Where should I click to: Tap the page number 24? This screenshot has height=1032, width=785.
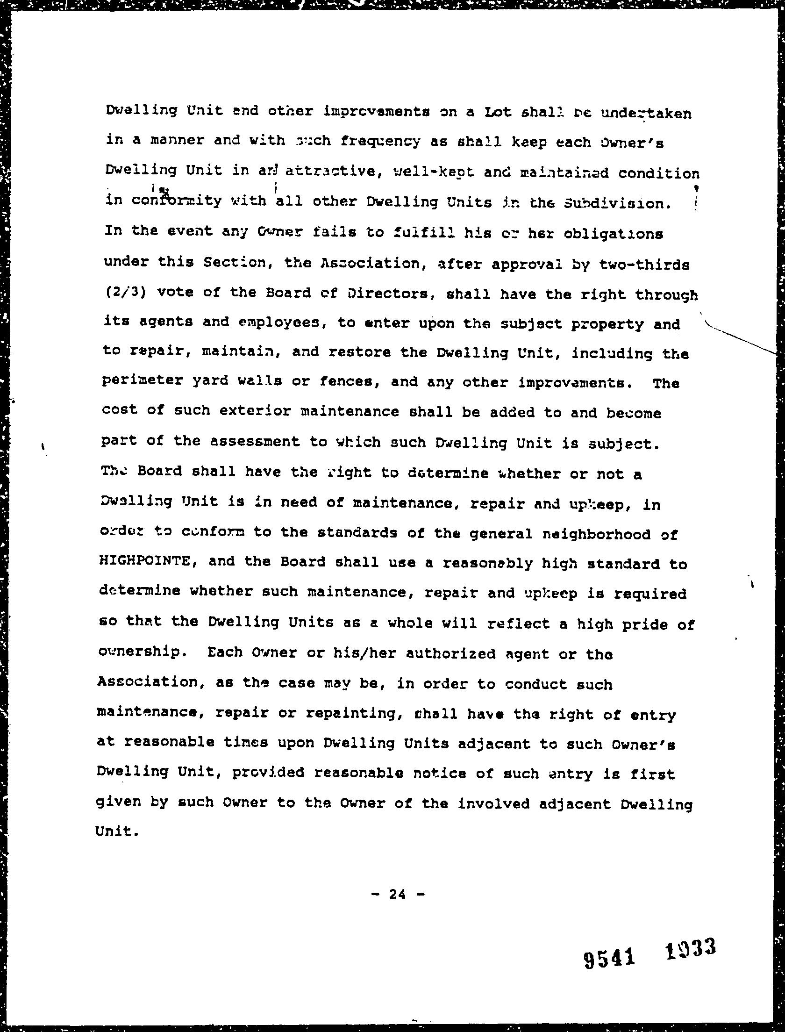click(x=398, y=894)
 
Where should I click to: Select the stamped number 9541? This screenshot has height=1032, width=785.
click(x=610, y=956)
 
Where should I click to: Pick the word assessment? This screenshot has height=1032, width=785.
click(x=255, y=442)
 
